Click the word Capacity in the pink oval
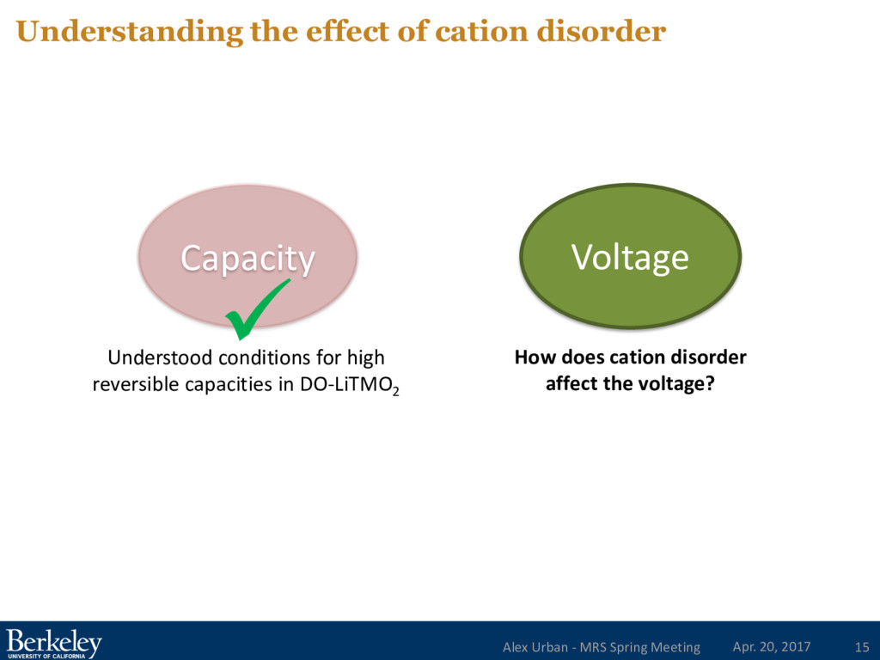(247, 258)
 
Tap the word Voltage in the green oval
(630, 257)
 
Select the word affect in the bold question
(570, 384)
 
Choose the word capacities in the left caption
(225, 384)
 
